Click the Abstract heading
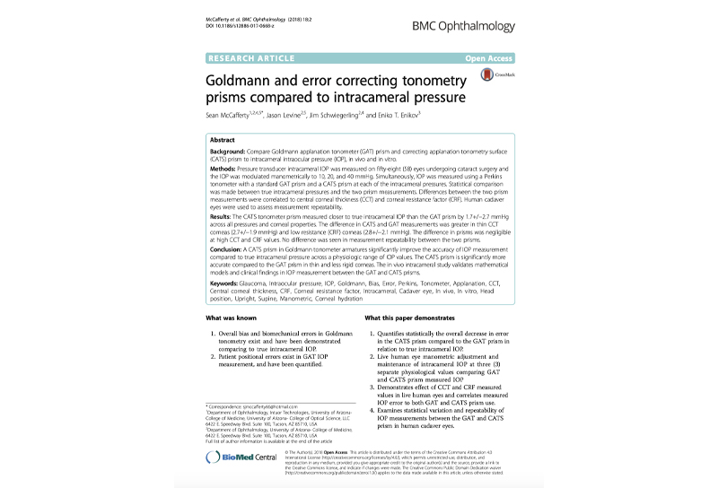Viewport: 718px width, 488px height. [222, 141]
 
